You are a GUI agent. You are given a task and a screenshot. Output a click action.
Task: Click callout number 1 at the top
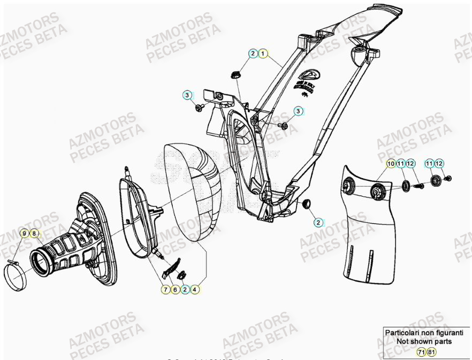(x=263, y=53)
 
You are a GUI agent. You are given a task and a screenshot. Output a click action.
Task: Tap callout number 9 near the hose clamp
(x=24, y=233)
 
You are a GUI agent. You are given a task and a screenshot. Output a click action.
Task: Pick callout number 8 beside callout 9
(x=34, y=233)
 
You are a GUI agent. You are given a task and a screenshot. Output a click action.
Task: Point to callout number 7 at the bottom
(x=166, y=289)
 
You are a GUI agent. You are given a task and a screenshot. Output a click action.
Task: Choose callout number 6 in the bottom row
(x=176, y=289)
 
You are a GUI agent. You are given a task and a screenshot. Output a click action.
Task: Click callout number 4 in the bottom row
(x=195, y=289)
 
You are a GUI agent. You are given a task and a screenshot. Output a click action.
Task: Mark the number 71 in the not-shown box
(x=422, y=351)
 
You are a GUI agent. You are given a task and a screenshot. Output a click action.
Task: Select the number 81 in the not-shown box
(x=432, y=351)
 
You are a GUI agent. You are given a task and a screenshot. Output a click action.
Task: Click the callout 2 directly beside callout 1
(x=253, y=53)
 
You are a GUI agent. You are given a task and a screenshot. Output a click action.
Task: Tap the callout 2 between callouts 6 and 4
(x=185, y=289)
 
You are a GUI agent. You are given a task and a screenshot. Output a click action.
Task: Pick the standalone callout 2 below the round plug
(x=317, y=223)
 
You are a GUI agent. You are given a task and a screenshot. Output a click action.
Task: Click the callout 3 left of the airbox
(x=187, y=95)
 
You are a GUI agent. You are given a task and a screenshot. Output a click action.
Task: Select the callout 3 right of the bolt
(x=299, y=111)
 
